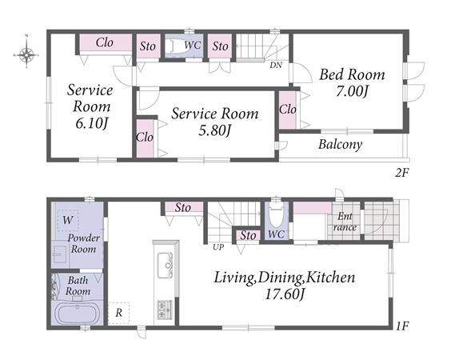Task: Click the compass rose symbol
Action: [26, 54]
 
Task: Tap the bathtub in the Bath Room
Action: [78, 314]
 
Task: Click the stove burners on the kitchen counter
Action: [165, 310]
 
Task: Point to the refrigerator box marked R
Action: [118, 314]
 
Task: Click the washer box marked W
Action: [68, 220]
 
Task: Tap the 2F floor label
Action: [402, 174]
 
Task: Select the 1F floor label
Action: [402, 327]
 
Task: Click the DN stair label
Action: [276, 66]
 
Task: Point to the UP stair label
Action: [218, 247]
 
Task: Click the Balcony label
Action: [341, 144]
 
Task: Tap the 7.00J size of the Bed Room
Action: [352, 92]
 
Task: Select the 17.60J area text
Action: [285, 295]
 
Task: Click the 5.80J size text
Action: [215, 130]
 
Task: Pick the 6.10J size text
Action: [92, 123]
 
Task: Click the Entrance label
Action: [345, 222]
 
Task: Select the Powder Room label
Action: [84, 243]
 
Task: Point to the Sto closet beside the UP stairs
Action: [248, 236]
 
